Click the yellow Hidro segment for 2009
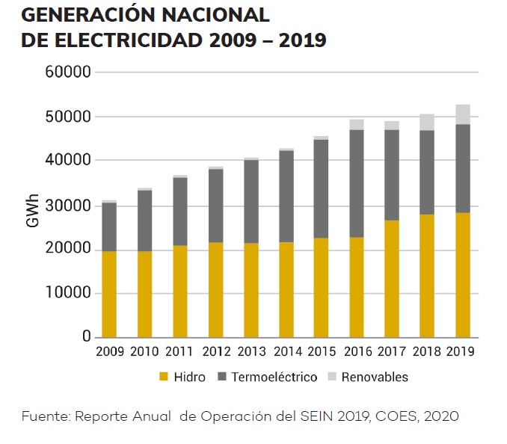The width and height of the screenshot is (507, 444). click(x=109, y=294)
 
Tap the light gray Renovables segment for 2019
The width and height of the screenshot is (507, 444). click(x=463, y=114)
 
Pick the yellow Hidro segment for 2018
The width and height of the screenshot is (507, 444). click(x=427, y=275)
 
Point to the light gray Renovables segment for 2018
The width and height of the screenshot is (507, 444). click(x=427, y=122)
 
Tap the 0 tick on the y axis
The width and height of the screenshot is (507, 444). click(x=86, y=337)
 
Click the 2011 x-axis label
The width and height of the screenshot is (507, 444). click(x=179, y=351)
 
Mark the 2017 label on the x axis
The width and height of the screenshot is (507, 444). click(x=393, y=351)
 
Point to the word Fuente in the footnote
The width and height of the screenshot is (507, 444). click(x=43, y=416)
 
